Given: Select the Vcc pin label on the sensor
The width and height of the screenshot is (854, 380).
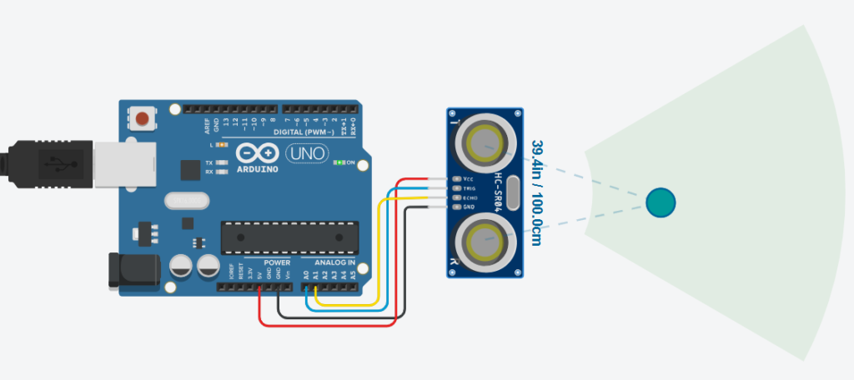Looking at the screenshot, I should [468, 179].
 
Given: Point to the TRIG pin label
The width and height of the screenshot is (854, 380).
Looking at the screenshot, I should [468, 188].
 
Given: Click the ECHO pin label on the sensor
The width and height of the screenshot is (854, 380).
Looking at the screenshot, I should [469, 197].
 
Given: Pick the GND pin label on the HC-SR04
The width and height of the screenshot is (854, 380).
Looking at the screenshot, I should [468, 207].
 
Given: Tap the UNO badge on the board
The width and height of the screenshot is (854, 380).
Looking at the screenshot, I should [306, 154].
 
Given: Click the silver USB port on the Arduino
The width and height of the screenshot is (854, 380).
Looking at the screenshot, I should [125, 163].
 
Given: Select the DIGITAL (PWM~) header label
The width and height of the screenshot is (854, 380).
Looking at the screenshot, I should [304, 132].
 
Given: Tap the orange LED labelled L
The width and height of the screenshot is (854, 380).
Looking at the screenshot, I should [223, 146].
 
